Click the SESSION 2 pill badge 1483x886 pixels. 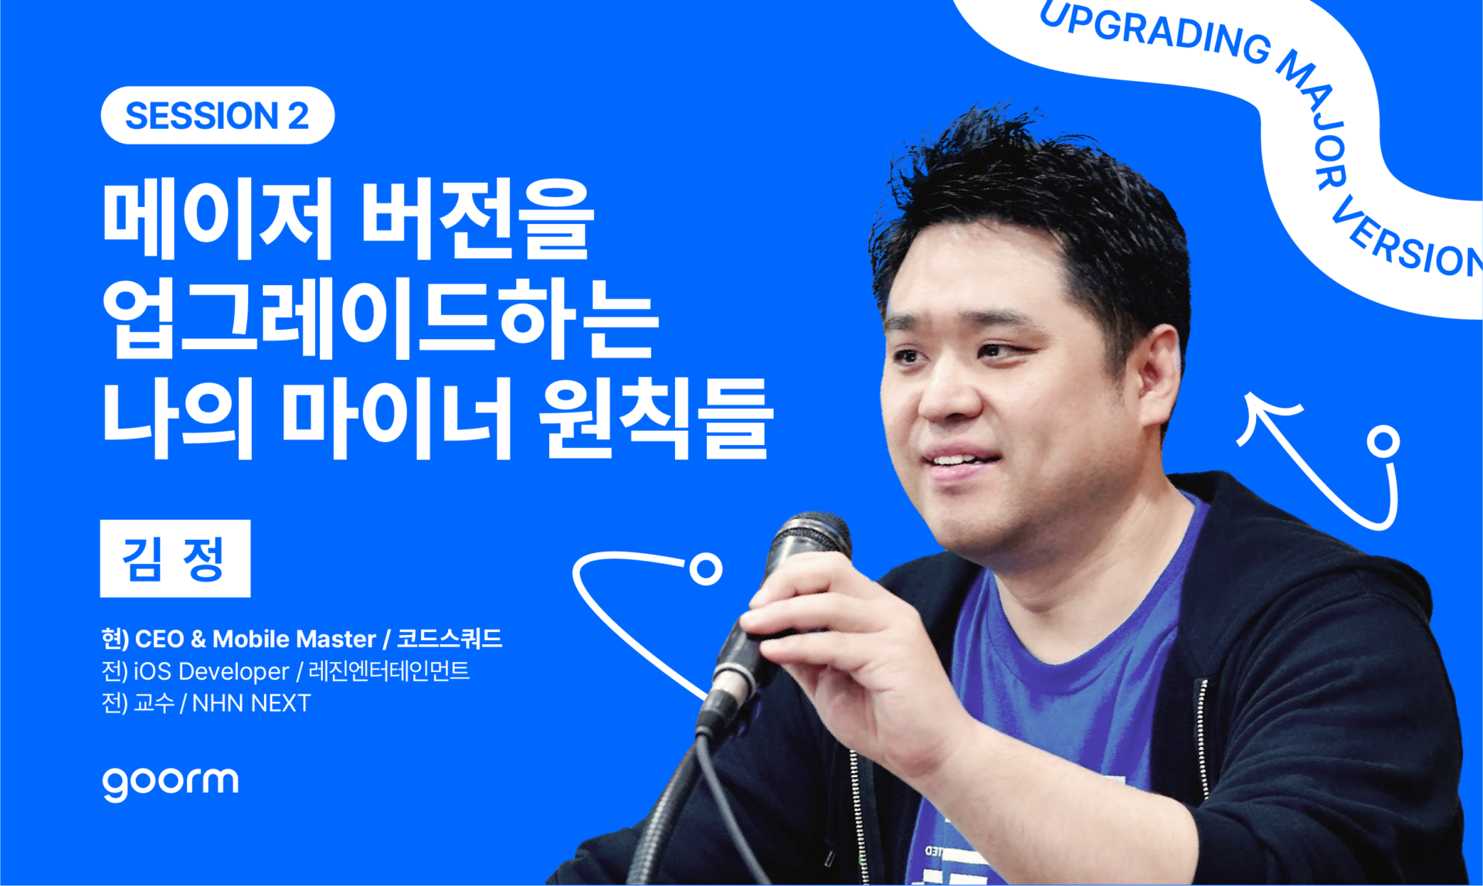click(217, 115)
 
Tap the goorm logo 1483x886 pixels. click(170, 783)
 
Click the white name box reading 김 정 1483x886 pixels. click(175, 558)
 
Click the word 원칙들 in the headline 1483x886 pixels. click(656, 418)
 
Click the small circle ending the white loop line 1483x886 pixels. click(705, 569)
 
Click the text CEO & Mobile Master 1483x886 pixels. click(256, 640)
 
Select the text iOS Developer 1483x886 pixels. click(211, 671)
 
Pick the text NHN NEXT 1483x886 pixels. click(251, 703)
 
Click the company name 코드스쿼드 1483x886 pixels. click(449, 639)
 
